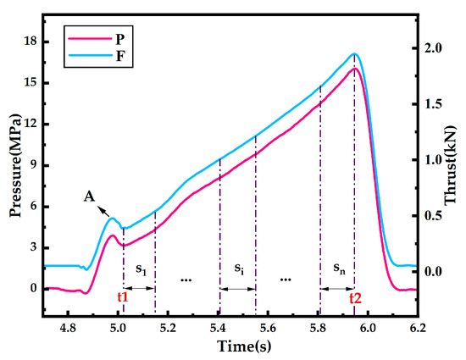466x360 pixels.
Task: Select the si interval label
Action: pyautogui.click(x=240, y=269)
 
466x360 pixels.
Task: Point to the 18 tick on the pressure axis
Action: pyautogui.click(x=32, y=42)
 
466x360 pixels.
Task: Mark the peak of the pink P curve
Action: pyautogui.click(x=355, y=69)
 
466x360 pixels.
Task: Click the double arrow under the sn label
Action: pyautogui.click(x=337, y=288)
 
